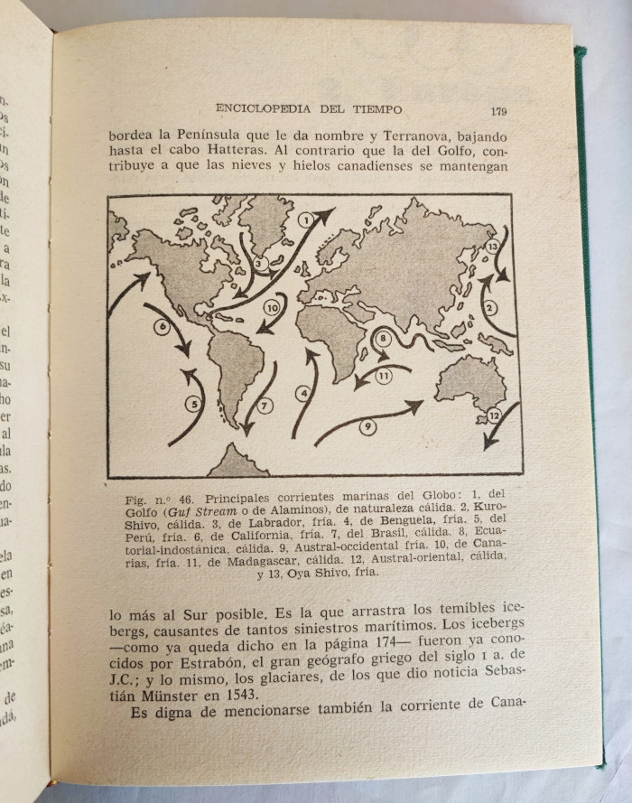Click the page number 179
tap(498, 111)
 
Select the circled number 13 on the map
tap(492, 246)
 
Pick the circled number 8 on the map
tap(383, 339)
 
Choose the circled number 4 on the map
tap(305, 393)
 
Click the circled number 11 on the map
tap(383, 377)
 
